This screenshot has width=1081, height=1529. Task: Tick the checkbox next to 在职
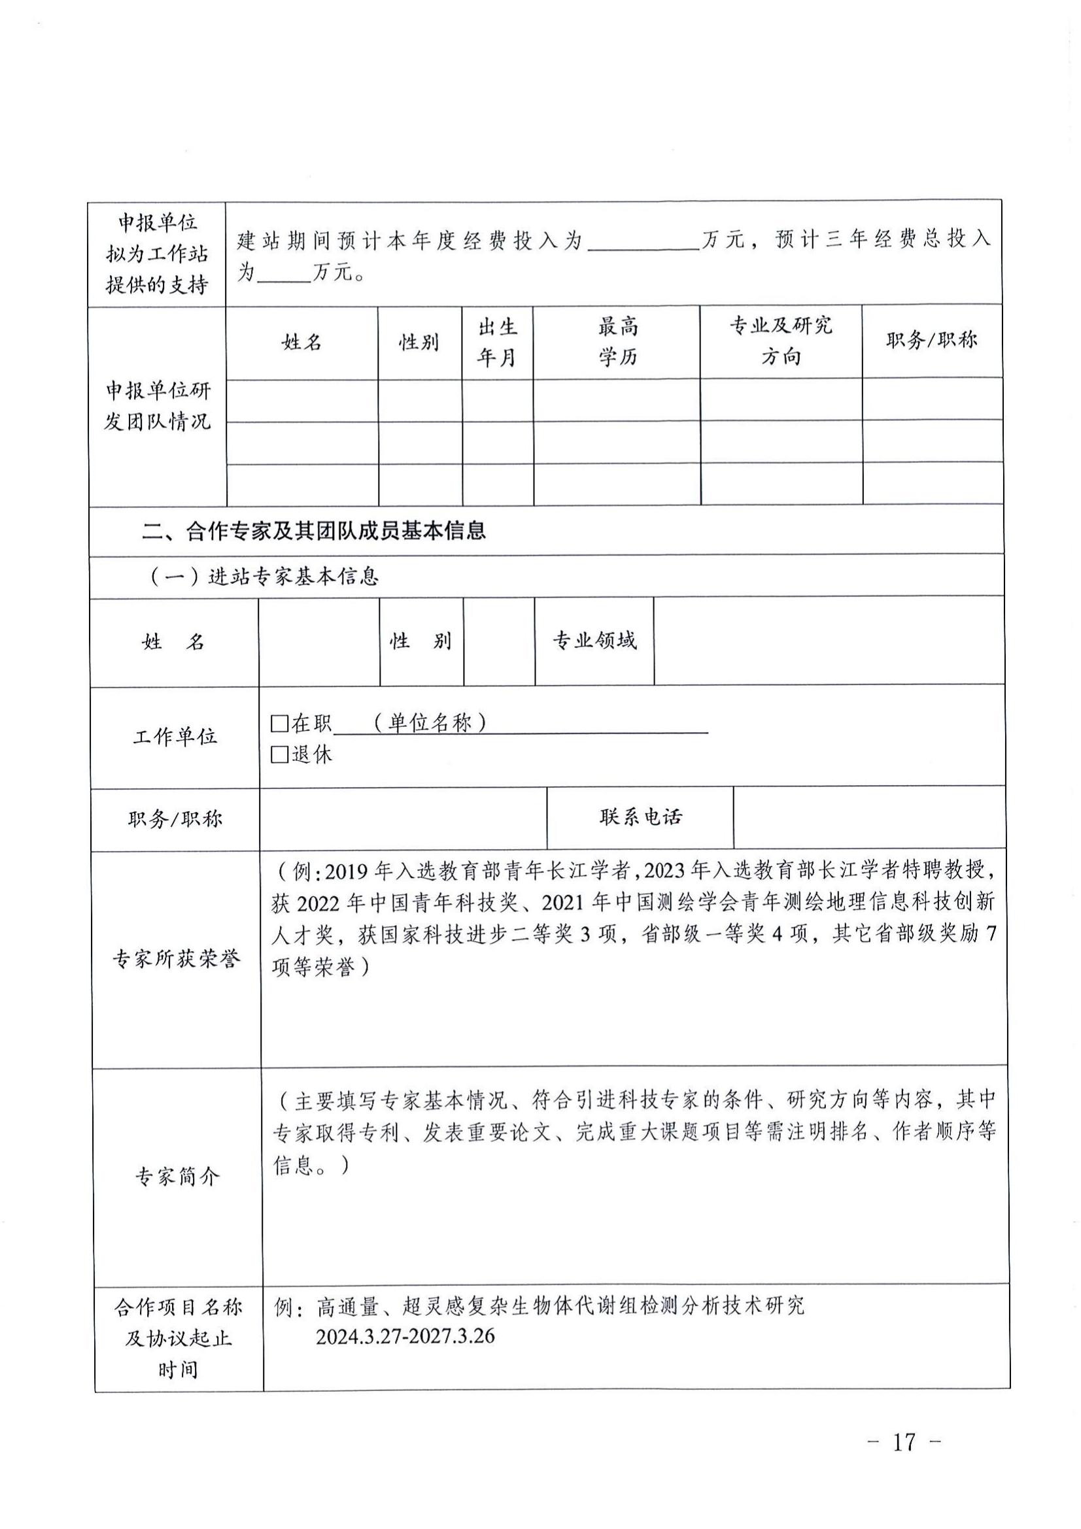[x=280, y=723]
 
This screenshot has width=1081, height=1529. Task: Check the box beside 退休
[x=280, y=754]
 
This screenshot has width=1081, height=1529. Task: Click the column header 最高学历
[x=617, y=342]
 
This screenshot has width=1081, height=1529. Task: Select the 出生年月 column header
[x=497, y=342]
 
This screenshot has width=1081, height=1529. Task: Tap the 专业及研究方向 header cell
[x=781, y=341]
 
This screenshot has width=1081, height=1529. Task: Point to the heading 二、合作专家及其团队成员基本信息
[x=314, y=531]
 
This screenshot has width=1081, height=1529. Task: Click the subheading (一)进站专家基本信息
[x=264, y=575]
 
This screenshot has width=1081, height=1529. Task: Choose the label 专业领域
[x=594, y=641]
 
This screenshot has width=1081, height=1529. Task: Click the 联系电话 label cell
[x=640, y=817]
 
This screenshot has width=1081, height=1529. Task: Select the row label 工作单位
[x=175, y=737]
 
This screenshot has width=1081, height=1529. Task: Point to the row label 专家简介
[x=177, y=1177]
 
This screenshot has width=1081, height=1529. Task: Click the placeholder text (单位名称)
[x=430, y=722]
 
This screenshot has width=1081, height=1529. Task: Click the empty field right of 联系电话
[x=868, y=817]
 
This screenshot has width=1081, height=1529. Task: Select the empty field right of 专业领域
[x=829, y=641]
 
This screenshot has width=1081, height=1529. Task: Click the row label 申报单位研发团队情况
[x=157, y=405]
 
